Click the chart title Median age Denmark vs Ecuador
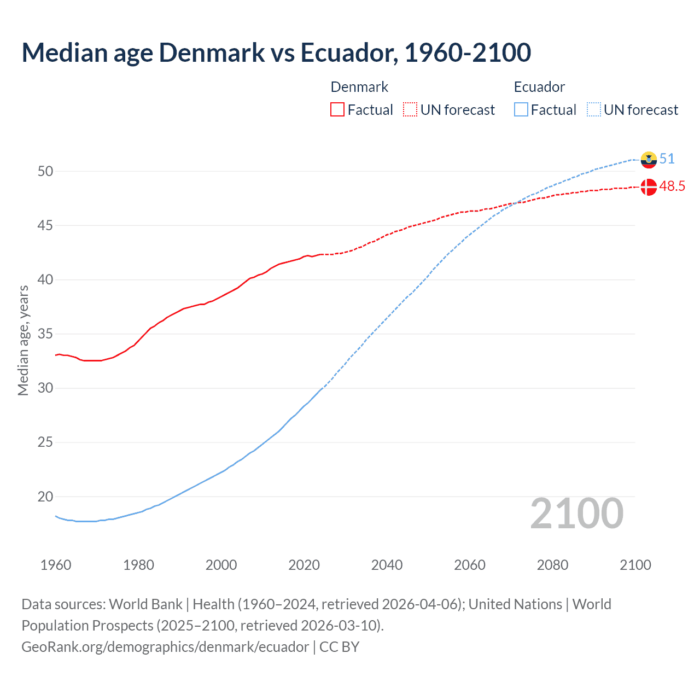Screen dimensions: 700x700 click(276, 52)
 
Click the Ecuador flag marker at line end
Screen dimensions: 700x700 click(649, 159)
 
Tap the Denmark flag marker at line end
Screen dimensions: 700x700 click(649, 187)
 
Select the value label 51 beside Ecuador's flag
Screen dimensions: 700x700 click(667, 159)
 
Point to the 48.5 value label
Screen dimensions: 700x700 click(672, 186)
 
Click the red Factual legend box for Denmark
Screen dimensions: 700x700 click(337, 110)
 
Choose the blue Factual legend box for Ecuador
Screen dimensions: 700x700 click(521, 110)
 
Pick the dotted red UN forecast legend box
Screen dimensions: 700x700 click(410, 110)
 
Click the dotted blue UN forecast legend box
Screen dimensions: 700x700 click(593, 110)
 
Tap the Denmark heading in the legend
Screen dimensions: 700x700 click(359, 87)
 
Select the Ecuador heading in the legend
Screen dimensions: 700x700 click(539, 87)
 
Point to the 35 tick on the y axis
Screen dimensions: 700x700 click(45, 334)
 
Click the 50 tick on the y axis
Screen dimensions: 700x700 click(45, 171)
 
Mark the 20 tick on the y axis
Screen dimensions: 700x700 click(45, 497)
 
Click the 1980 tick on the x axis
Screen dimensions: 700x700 click(138, 565)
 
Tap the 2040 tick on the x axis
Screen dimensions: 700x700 click(387, 565)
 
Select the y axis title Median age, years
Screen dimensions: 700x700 click(23, 340)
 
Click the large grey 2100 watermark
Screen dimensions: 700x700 click(576, 513)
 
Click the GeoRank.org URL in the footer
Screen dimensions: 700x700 click(165, 647)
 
